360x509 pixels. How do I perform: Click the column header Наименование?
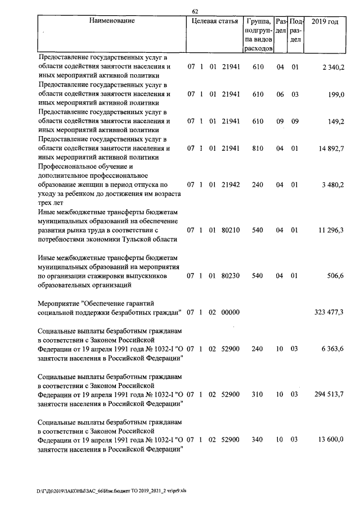click(112, 21)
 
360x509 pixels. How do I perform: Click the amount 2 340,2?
click(334, 67)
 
